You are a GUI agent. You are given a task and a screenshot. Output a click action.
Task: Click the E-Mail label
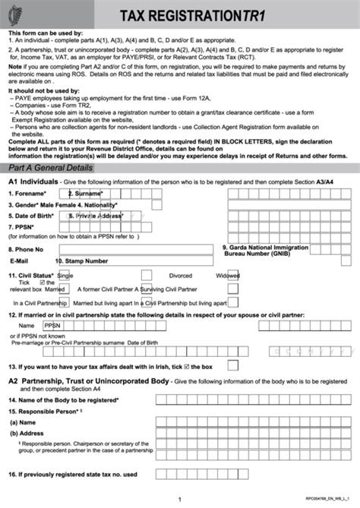click(x=23, y=260)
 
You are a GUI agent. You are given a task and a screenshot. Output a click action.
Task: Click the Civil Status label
click(x=31, y=276)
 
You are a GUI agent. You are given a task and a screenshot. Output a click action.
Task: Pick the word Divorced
click(x=180, y=276)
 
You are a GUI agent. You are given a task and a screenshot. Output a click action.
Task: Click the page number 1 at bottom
click(x=179, y=499)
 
